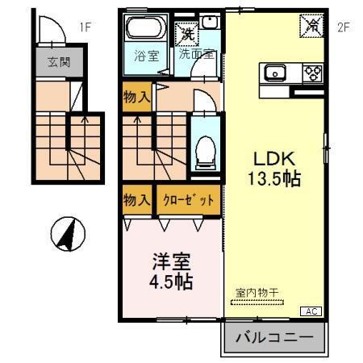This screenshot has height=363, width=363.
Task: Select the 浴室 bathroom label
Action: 145,57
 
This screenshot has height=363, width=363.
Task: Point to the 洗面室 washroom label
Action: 196,57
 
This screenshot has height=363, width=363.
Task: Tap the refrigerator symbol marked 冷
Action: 312,25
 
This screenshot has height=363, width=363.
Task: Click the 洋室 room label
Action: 171,261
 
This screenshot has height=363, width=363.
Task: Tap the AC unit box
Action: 311,311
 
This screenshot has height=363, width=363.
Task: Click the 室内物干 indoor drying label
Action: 256,293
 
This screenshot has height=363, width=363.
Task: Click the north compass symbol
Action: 69,235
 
